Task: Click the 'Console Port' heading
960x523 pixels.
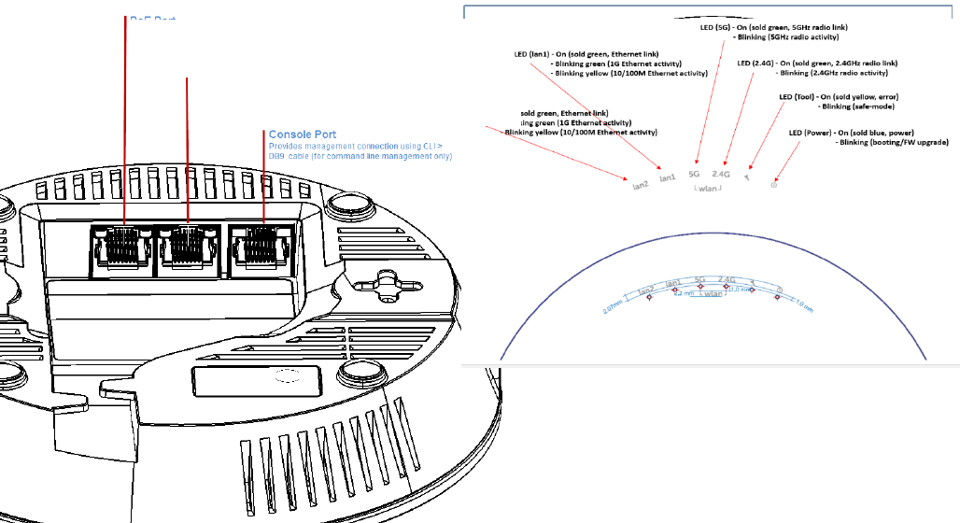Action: [302, 134]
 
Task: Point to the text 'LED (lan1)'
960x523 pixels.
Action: [531, 54]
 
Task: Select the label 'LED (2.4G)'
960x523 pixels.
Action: [756, 64]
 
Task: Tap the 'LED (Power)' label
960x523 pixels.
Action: [810, 134]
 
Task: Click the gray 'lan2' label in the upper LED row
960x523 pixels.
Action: [640, 185]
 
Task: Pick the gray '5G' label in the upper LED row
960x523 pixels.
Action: [693, 174]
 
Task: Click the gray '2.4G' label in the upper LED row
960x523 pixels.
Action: [721, 174]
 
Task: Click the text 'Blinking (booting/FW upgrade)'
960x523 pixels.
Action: [894, 143]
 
